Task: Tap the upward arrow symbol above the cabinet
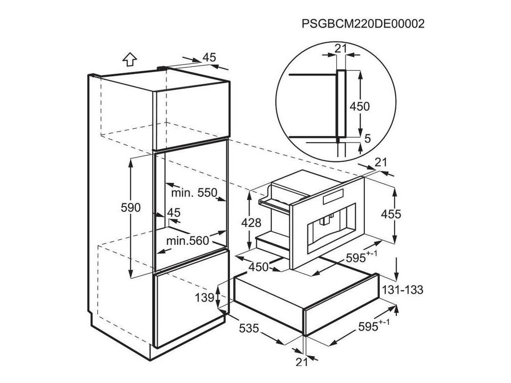pyautogui.click(x=130, y=59)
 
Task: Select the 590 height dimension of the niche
pyautogui.click(x=131, y=207)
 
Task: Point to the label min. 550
pyautogui.click(x=195, y=192)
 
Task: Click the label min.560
pyautogui.click(x=187, y=241)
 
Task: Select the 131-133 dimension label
pyautogui.click(x=402, y=290)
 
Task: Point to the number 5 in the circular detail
pyautogui.click(x=368, y=139)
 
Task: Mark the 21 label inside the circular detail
pyautogui.click(x=341, y=48)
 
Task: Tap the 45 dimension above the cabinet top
pyautogui.click(x=210, y=57)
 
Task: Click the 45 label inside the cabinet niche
pyautogui.click(x=173, y=212)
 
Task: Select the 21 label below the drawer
pyautogui.click(x=301, y=362)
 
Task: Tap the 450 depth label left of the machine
pyautogui.click(x=259, y=266)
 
